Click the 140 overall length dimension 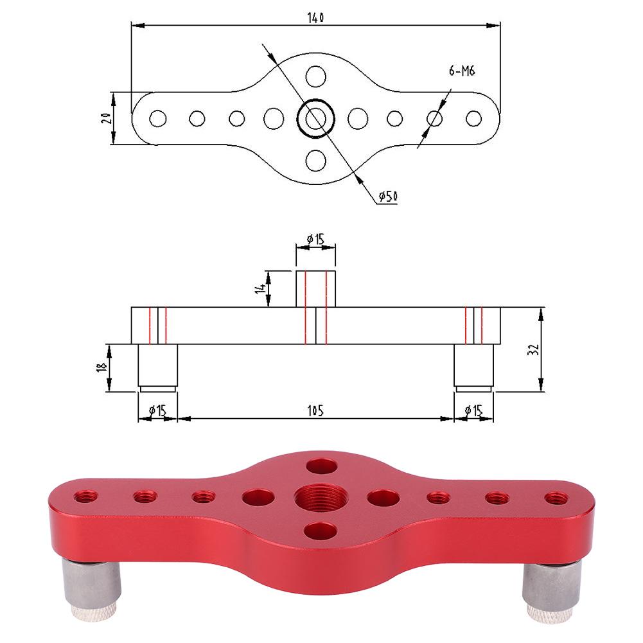pos(315,18)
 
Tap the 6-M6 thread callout pos(461,72)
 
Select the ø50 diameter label pos(387,196)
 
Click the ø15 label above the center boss pos(315,239)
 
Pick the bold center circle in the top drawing pos(315,118)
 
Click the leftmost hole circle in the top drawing pos(157,119)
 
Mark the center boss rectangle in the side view pos(315,289)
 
